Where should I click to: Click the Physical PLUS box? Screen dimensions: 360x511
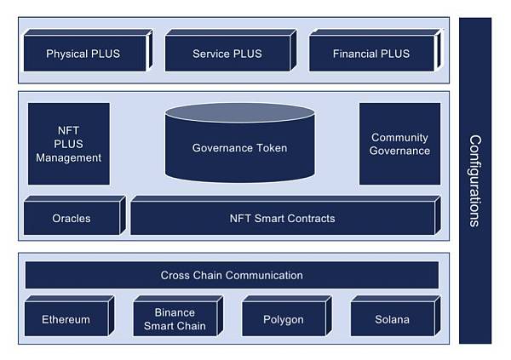click(x=83, y=54)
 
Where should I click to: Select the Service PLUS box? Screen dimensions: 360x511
click(x=227, y=54)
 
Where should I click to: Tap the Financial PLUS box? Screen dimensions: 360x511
click(x=371, y=54)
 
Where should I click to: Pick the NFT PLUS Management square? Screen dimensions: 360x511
click(x=69, y=144)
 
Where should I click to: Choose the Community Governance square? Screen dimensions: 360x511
click(x=399, y=144)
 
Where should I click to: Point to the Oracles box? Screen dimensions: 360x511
click(x=72, y=219)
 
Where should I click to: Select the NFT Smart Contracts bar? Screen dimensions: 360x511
click(x=282, y=219)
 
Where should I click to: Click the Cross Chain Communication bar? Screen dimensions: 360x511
click(x=232, y=275)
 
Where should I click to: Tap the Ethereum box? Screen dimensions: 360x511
click(x=66, y=320)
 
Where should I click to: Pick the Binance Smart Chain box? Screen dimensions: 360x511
click(x=175, y=319)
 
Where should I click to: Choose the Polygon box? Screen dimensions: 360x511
click(x=284, y=320)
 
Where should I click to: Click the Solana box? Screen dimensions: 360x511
click(x=392, y=320)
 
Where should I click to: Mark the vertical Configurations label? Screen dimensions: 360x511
click(x=475, y=180)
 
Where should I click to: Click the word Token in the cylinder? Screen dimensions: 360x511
click(x=272, y=148)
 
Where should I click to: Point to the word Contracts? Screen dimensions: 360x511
click(x=310, y=219)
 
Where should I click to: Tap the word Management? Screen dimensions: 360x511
click(x=69, y=157)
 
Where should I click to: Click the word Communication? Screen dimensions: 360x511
click(x=265, y=275)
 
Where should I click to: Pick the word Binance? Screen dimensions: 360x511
click(x=175, y=312)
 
